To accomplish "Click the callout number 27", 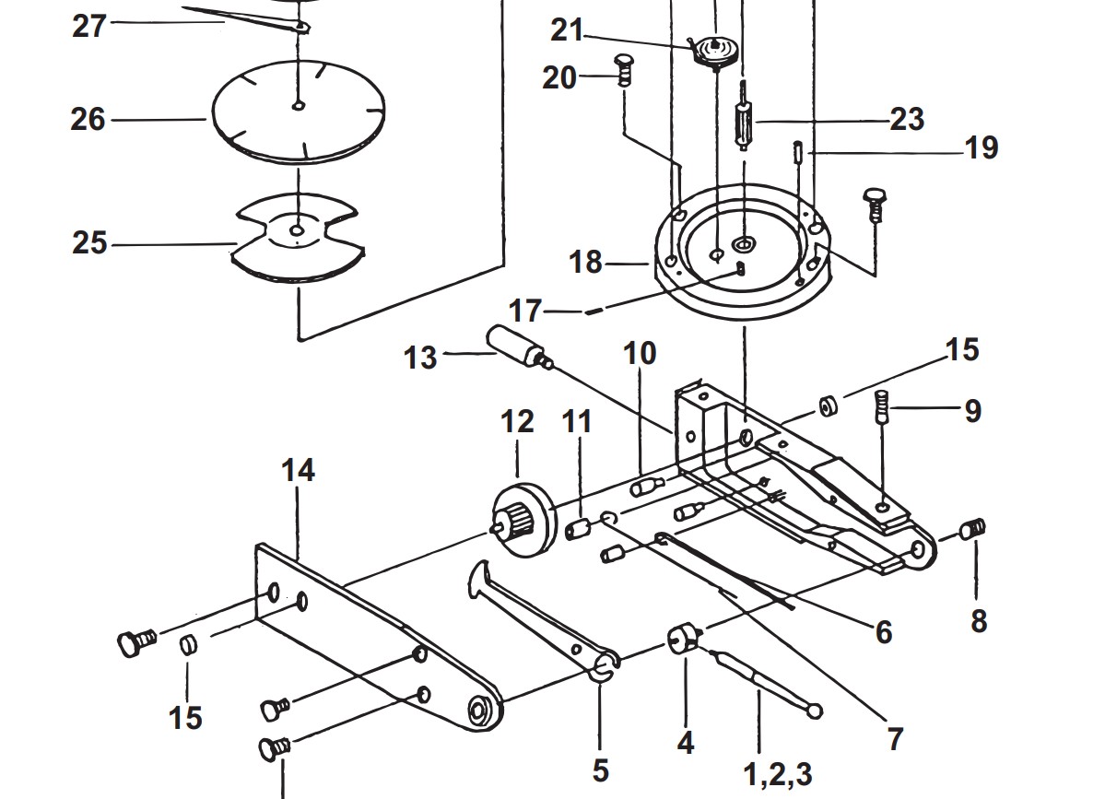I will tap(90, 26).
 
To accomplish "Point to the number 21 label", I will tap(568, 30).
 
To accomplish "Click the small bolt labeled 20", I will tap(623, 70).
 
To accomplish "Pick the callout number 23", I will tap(907, 119).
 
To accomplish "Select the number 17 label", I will tap(525, 311).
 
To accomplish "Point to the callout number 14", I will tap(299, 470).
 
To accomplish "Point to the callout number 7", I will tap(894, 737).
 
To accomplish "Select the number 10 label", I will tap(640, 353).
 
